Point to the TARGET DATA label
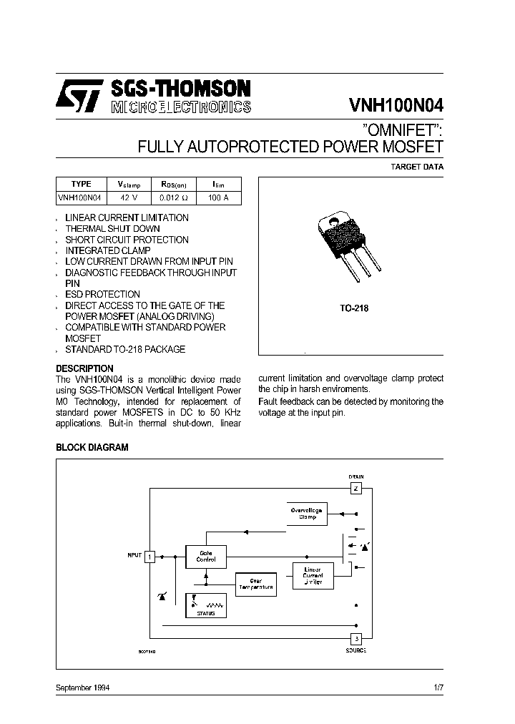(416, 167)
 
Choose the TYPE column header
(82, 184)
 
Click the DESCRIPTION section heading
(84, 368)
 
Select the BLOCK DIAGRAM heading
(92, 447)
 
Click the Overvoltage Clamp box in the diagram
(308, 513)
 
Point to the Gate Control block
(206, 557)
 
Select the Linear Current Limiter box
(313, 574)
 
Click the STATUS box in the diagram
(206, 605)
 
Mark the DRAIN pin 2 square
(356, 489)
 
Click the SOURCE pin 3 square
(356, 638)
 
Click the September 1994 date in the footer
(82, 688)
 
